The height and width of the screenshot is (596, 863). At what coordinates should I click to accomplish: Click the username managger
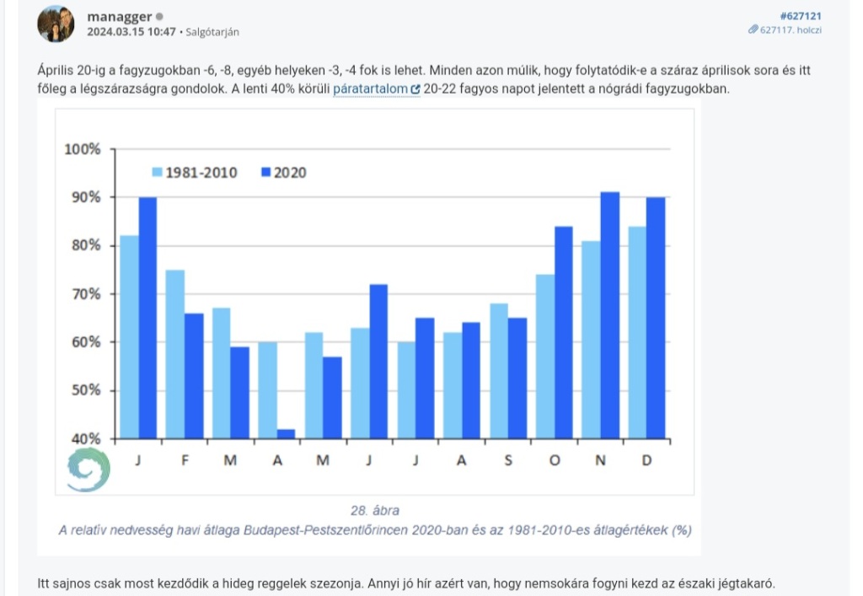point(119,16)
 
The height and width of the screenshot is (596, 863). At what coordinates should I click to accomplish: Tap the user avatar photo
point(55,24)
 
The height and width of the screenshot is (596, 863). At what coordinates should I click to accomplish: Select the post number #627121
point(801,15)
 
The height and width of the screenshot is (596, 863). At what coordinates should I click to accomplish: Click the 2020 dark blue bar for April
point(286,434)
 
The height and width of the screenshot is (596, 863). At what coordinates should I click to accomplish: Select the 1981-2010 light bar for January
point(129,337)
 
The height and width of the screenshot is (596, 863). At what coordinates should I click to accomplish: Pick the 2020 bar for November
point(609,316)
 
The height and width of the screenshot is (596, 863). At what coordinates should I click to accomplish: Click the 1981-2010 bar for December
point(636,333)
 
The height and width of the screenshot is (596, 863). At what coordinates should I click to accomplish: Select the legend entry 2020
point(284,173)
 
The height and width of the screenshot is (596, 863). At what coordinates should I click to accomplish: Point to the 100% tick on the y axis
point(83,149)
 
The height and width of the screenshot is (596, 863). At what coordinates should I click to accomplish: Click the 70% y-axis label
point(83,294)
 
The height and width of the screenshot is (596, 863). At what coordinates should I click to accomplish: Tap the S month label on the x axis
point(508,460)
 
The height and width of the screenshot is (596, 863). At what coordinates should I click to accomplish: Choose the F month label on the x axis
point(185,460)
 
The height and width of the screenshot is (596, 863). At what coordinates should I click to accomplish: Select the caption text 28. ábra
point(374,511)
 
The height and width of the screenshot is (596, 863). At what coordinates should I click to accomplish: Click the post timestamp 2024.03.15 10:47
point(131,32)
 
